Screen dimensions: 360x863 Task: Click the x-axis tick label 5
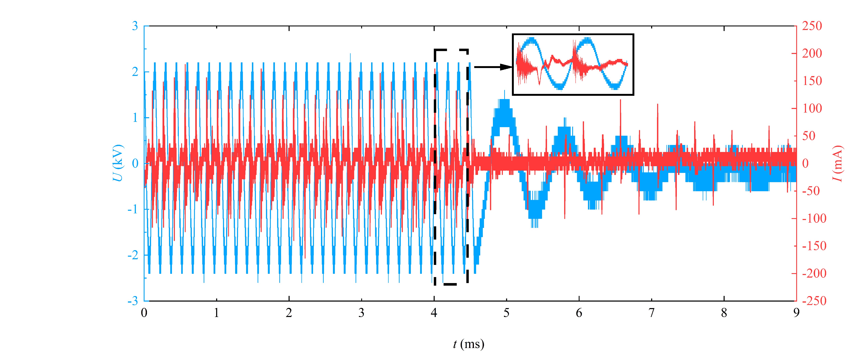[506, 313]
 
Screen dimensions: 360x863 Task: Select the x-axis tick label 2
[289, 313]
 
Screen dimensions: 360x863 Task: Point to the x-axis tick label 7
[651, 313]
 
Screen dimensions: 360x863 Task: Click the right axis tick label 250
[812, 26]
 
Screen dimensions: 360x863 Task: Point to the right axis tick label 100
[812, 108]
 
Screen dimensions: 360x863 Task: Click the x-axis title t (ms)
[468, 344]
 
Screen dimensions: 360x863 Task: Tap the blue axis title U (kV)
[118, 163]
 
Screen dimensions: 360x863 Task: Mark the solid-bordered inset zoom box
[573, 64]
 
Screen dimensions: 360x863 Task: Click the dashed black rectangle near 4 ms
[434, 168]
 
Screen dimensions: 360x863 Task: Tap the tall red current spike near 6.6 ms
[620, 101]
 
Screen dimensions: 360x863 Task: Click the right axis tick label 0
[805, 164]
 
